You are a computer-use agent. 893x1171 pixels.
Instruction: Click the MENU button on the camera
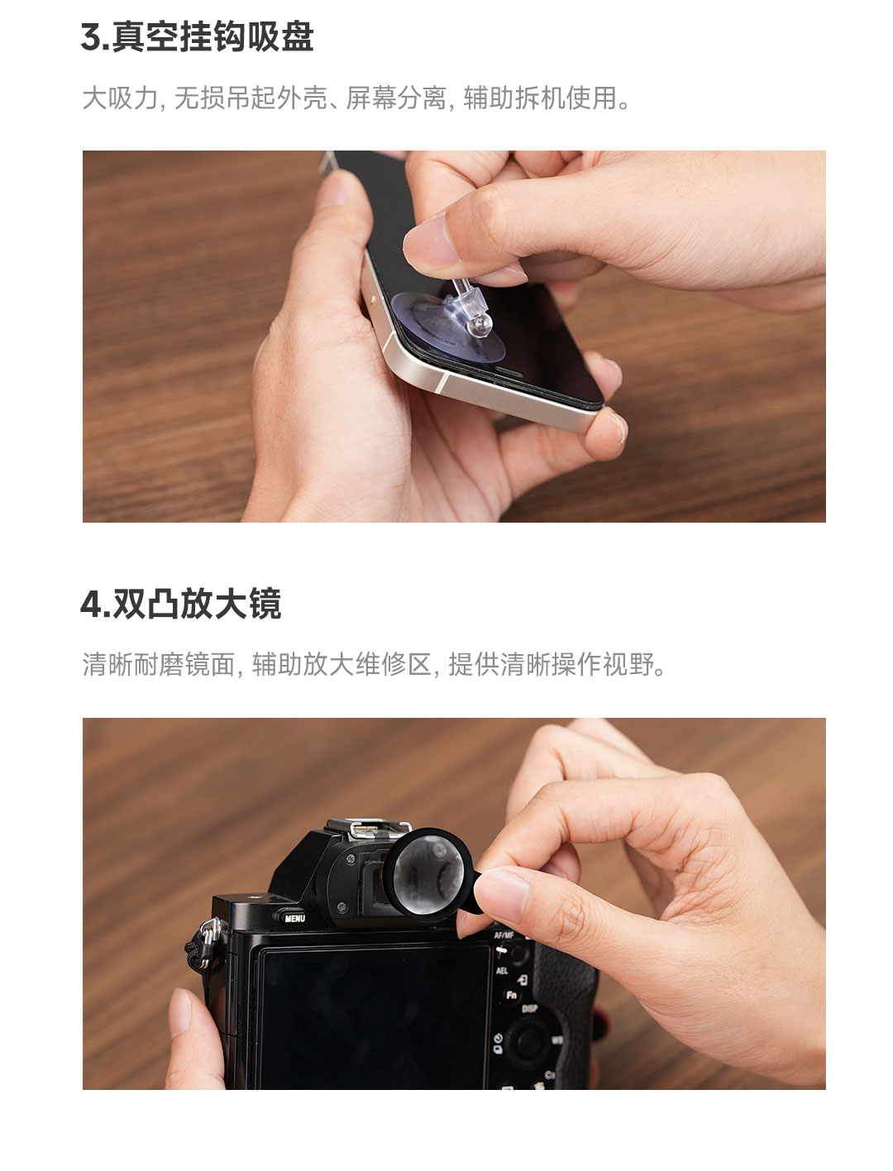(294, 918)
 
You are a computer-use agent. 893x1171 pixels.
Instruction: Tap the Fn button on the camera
(511, 994)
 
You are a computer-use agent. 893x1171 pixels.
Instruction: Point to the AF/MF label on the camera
(504, 935)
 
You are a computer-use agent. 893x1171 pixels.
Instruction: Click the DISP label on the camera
(529, 1008)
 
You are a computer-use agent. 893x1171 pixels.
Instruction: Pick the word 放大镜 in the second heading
(231, 604)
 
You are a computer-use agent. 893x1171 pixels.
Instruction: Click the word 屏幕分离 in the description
(396, 98)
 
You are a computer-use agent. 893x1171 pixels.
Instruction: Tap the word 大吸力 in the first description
(120, 98)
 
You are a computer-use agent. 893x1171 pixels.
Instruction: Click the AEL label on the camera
(501, 970)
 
